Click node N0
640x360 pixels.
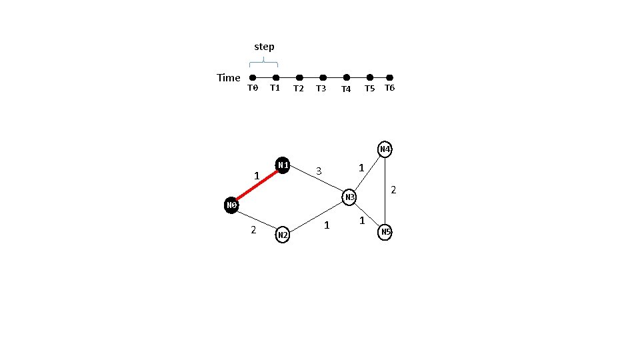coord(231,205)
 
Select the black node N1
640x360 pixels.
coord(283,165)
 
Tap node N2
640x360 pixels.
coord(283,235)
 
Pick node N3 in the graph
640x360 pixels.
coord(349,197)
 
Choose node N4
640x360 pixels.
coord(385,149)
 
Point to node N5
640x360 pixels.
coord(385,231)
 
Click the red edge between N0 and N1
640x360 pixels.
coord(257,185)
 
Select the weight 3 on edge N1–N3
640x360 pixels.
coord(319,171)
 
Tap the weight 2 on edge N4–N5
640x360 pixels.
coord(393,190)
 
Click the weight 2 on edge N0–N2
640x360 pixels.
coord(253,230)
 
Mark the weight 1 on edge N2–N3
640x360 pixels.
coord(327,225)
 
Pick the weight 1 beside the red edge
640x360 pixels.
coord(257,175)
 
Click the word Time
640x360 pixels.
coord(229,78)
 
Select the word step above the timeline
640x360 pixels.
coord(264,47)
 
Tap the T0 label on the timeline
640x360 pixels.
coord(253,88)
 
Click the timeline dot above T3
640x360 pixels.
coord(323,78)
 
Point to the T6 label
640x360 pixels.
coord(389,88)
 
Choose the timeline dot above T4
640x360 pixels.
coord(347,78)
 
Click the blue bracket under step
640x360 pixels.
coord(264,62)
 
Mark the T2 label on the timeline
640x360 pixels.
coord(299,89)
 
